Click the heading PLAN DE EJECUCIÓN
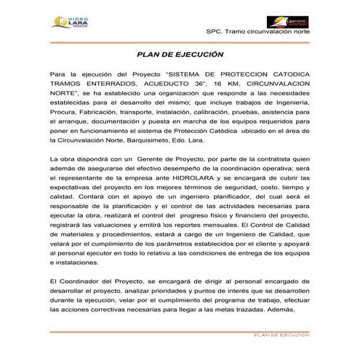(180, 55)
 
